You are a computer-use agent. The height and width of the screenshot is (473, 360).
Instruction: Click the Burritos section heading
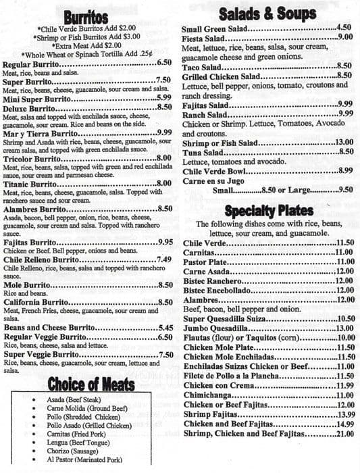point(86,17)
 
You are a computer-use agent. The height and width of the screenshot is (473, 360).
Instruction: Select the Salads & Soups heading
point(267,14)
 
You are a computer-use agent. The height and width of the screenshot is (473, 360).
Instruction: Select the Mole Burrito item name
point(28,286)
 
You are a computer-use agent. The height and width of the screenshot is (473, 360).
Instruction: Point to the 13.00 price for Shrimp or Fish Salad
point(344,143)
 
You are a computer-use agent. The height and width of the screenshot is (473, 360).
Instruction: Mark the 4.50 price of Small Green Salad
point(344,28)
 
